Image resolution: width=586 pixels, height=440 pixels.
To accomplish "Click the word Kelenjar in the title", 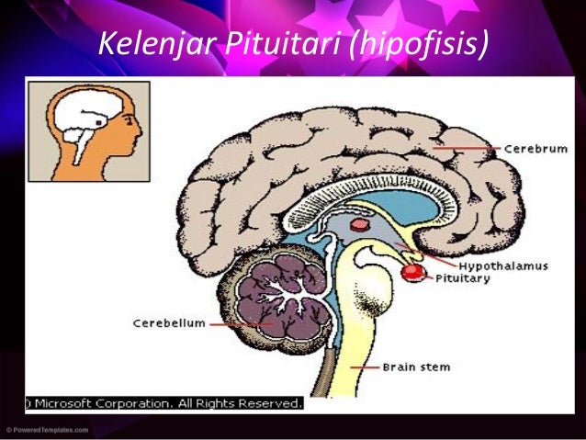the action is coord(151,43).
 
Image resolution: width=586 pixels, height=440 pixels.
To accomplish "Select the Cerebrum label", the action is coord(534,146).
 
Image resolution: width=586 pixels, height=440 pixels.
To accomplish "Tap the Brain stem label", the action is coord(416,367).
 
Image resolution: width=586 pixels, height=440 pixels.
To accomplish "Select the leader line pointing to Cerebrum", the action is coord(466,147).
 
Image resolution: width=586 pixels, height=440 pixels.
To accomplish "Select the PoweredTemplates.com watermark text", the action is coord(46,429).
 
